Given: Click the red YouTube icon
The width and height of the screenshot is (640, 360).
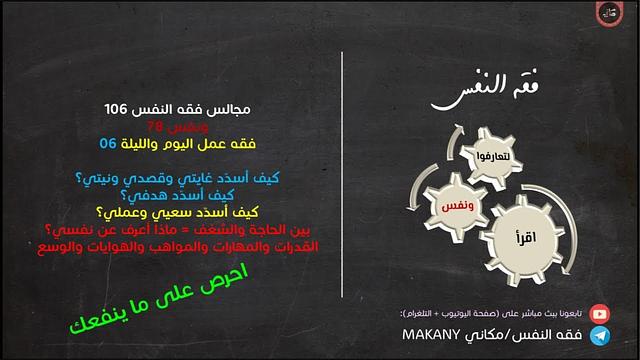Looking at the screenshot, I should coord(599,313).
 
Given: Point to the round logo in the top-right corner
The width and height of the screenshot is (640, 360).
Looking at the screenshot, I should coord(609,14).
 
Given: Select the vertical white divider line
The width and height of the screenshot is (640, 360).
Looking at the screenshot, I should coord(342,180).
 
